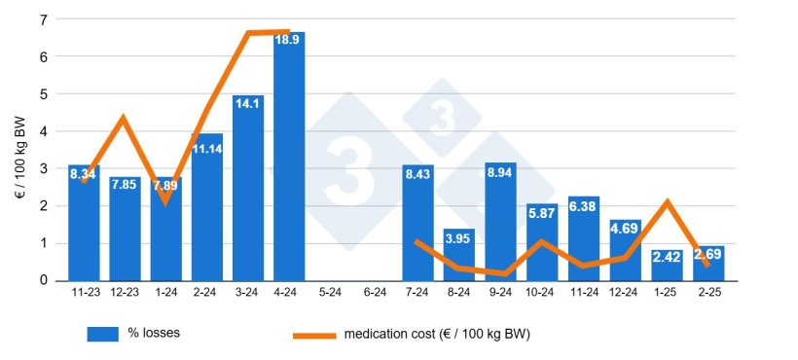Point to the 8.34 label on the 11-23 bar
tap(84, 176)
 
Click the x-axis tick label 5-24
tap(331, 291)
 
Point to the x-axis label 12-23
tap(125, 291)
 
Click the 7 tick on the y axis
tap(44, 19)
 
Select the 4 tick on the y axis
tap(44, 131)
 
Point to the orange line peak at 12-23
tap(124, 119)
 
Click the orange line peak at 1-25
tap(667, 202)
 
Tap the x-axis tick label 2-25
tap(707, 291)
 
